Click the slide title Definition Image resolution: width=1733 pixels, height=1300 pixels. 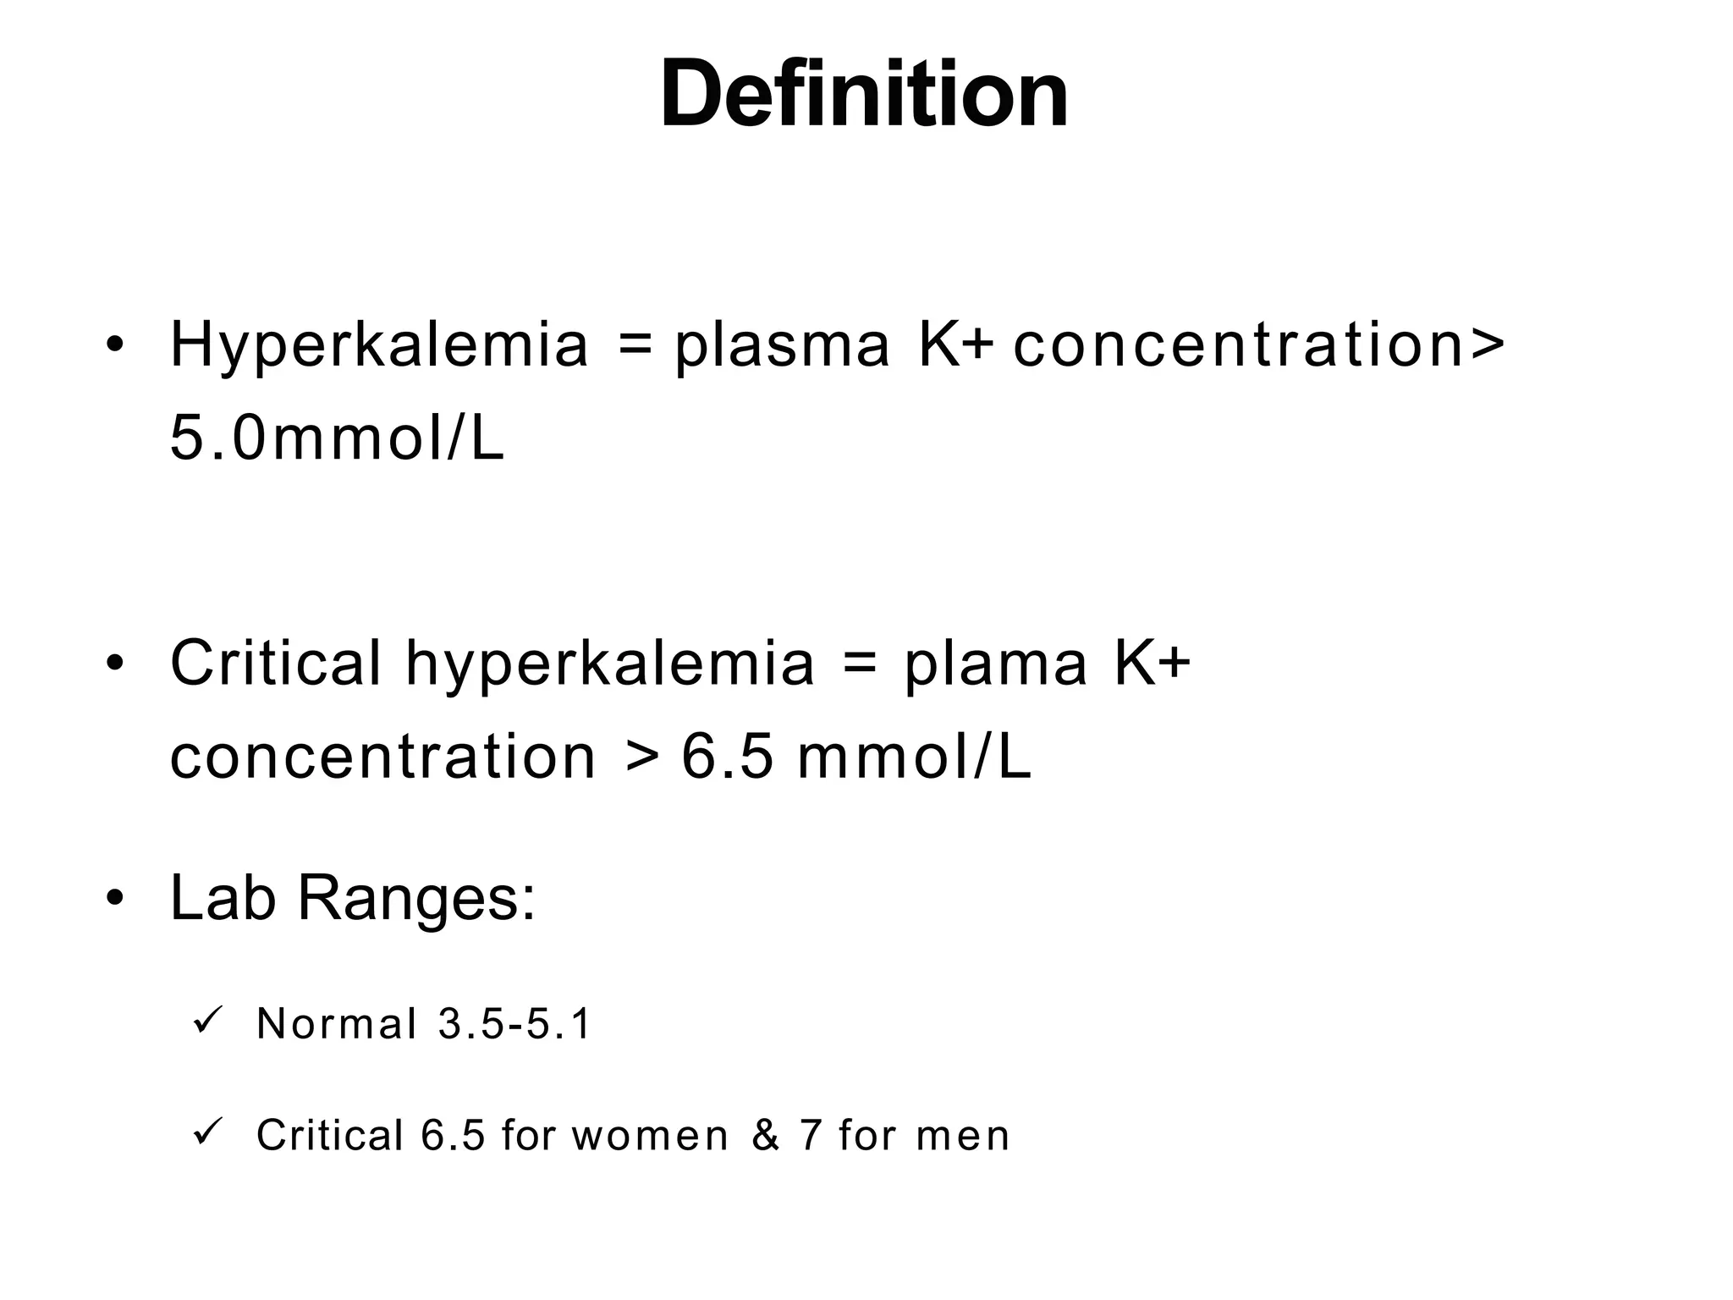pos(864,93)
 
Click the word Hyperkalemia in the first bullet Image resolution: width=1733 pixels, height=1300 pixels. pos(378,345)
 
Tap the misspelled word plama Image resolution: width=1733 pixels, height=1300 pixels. pos(995,664)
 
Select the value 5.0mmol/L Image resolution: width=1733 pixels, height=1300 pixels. pos(337,439)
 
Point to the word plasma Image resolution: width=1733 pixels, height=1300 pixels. pos(782,345)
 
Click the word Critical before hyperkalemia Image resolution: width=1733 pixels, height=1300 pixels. pos(275,663)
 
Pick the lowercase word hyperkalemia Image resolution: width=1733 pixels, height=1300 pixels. pos(609,664)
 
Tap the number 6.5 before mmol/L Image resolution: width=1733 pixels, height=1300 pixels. pos(728,757)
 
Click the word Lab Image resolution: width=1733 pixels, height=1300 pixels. pos(223,897)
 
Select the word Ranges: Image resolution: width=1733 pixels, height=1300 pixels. pos(415,899)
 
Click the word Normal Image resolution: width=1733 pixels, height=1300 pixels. pos(336,1024)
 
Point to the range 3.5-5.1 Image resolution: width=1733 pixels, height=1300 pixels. pos(514,1024)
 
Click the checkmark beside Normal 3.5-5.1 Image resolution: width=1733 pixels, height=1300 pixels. pos(206,1019)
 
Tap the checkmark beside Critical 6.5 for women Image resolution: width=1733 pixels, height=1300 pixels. pos(206,1131)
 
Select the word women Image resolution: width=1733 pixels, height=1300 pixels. pos(649,1136)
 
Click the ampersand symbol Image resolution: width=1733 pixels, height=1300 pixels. pos(765,1136)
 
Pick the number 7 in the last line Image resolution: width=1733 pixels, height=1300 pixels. pos(810,1136)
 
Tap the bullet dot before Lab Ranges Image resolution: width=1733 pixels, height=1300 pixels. pos(115,897)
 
